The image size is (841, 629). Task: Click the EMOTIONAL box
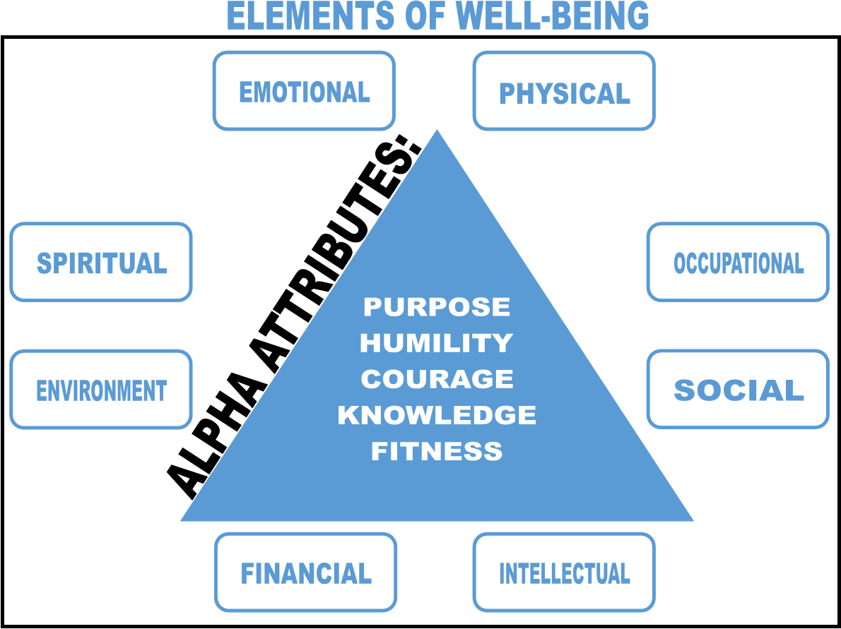click(x=304, y=91)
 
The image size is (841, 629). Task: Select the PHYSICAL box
click(x=564, y=92)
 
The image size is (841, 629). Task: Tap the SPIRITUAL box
click(x=101, y=263)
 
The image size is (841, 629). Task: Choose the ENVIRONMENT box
click(x=101, y=390)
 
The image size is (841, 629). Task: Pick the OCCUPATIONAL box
click(x=738, y=263)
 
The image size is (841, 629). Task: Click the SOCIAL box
click(x=738, y=390)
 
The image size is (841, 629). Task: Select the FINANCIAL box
click(x=306, y=573)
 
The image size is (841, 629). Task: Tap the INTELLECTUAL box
click(x=564, y=573)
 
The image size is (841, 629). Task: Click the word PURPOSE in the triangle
click(x=437, y=307)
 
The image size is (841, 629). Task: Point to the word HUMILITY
click(x=437, y=343)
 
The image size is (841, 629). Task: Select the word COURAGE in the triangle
click(x=437, y=379)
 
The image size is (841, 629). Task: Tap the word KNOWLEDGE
click(x=437, y=415)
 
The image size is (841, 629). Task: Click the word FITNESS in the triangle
click(x=437, y=451)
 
